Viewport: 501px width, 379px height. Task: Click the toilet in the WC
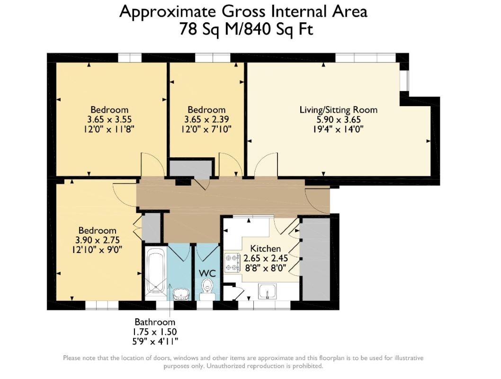[x=207, y=286]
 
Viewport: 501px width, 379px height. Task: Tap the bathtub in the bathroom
[x=155, y=272]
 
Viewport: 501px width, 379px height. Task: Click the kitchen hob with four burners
[x=233, y=262]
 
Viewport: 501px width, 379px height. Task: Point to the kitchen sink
[x=270, y=291]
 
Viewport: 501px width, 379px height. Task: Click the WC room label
[x=207, y=273]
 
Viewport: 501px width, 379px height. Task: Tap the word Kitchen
[x=265, y=249]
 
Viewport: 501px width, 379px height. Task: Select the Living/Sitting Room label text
[x=338, y=110]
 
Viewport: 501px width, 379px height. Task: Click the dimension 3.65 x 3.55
[x=109, y=119]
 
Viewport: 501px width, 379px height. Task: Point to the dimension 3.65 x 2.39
[x=206, y=119]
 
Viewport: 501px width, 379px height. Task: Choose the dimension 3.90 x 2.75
[x=98, y=240]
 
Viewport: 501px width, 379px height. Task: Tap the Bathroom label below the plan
[x=155, y=322]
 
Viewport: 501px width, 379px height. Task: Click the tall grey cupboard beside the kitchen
[x=314, y=258]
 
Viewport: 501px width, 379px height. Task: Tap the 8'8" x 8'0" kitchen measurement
[x=265, y=268]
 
